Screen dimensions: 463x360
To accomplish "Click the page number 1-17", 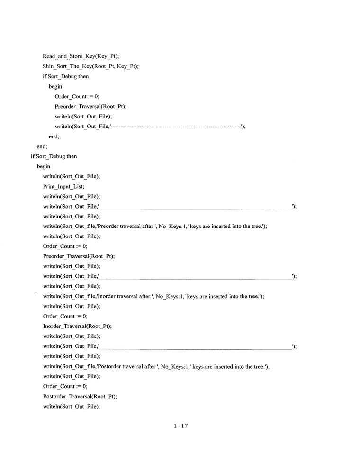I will (181, 426).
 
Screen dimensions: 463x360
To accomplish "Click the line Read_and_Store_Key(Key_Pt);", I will (81, 56).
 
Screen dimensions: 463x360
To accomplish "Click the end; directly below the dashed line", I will (54, 136).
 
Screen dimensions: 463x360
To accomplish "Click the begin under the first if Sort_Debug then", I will (55, 86).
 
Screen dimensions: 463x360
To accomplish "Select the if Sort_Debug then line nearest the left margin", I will (54, 156).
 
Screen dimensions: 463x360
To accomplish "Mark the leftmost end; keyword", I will (42, 146).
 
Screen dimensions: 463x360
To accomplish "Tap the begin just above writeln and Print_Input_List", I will (43, 166).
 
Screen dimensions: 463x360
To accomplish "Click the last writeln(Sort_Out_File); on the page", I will (72, 406).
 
